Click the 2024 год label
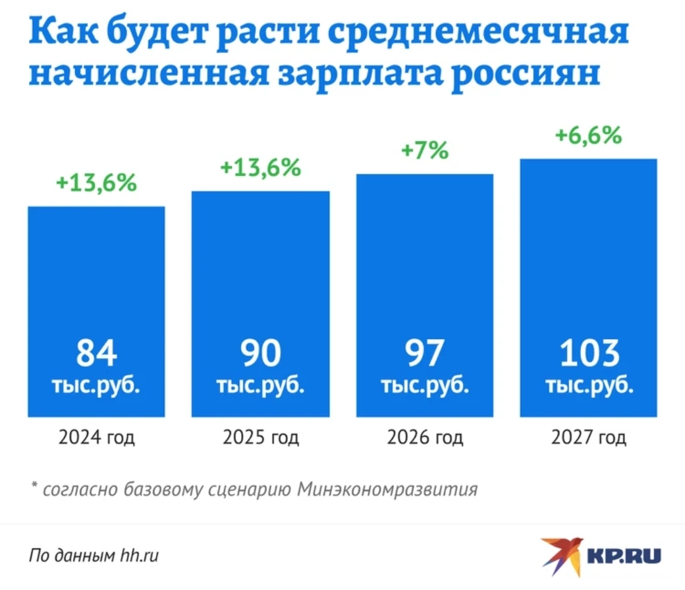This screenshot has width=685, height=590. [96, 438]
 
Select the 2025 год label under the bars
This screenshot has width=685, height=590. [261, 438]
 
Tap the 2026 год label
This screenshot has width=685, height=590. [425, 438]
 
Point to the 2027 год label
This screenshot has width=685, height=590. [589, 438]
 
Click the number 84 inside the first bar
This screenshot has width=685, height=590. [96, 354]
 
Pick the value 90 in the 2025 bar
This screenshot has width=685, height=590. [261, 354]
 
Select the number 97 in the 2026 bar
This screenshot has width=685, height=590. [425, 354]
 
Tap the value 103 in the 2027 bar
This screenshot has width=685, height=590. [589, 354]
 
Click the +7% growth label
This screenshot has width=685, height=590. [424, 151]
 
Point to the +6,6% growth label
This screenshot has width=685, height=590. [588, 136]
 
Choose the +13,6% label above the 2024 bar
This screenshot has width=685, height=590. [96, 184]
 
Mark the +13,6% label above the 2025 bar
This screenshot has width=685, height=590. [260, 167]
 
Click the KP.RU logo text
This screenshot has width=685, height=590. [624, 556]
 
